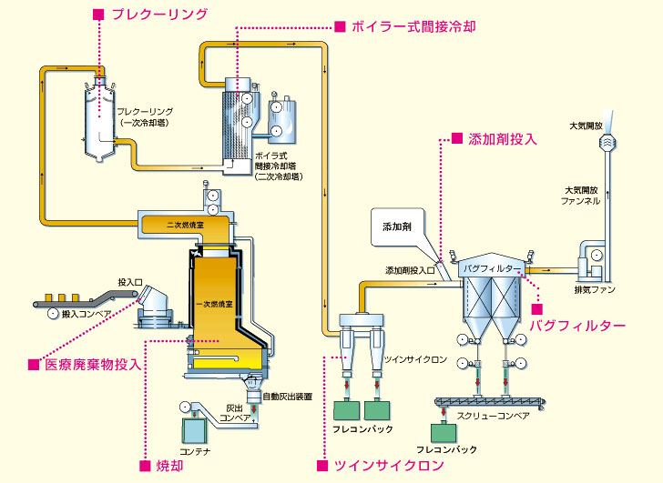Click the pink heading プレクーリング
(x=160, y=15)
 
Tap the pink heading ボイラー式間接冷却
(x=413, y=26)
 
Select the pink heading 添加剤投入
(x=503, y=139)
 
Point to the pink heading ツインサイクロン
(x=389, y=466)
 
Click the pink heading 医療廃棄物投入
(x=93, y=364)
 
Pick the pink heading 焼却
(x=169, y=466)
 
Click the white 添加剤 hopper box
(x=397, y=226)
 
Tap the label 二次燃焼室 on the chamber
(x=185, y=225)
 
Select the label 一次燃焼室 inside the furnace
(x=214, y=304)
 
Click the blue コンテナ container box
(x=195, y=430)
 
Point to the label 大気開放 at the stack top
(x=586, y=126)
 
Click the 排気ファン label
(x=595, y=289)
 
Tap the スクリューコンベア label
(x=493, y=416)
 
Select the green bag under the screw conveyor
(x=444, y=433)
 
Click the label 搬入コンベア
(x=87, y=314)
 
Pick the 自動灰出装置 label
(x=288, y=397)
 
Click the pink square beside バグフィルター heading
(x=537, y=309)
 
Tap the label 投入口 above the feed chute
(x=130, y=282)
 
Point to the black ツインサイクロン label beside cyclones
(x=415, y=359)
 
